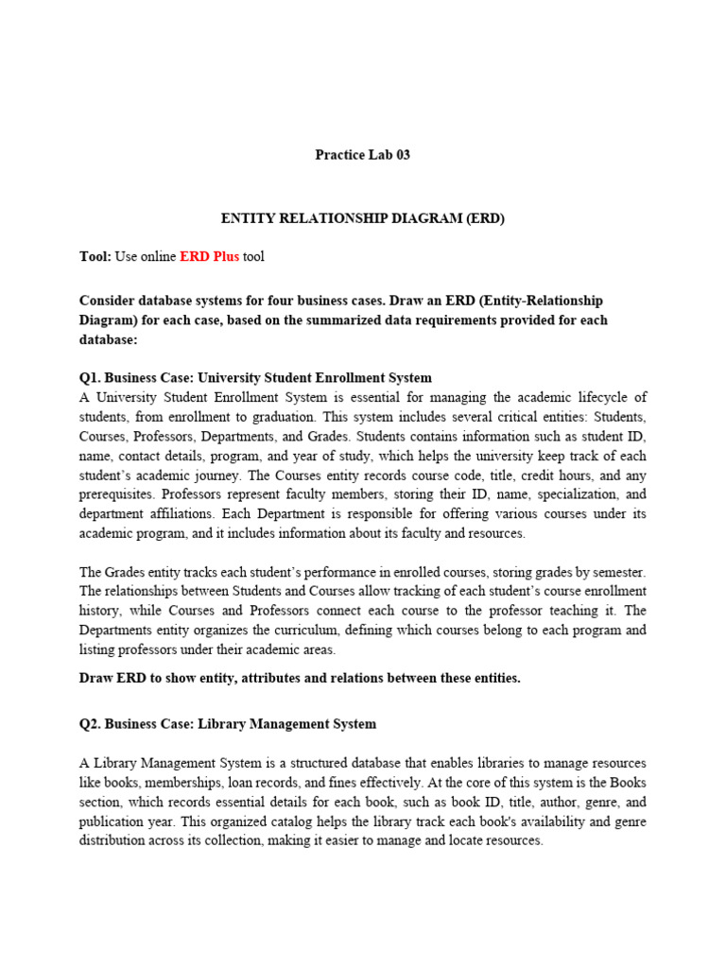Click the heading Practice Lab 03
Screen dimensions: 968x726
363,155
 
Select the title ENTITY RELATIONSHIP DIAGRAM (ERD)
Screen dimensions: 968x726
363,218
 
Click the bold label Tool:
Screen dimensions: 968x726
95,257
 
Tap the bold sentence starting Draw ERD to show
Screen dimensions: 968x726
300,679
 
